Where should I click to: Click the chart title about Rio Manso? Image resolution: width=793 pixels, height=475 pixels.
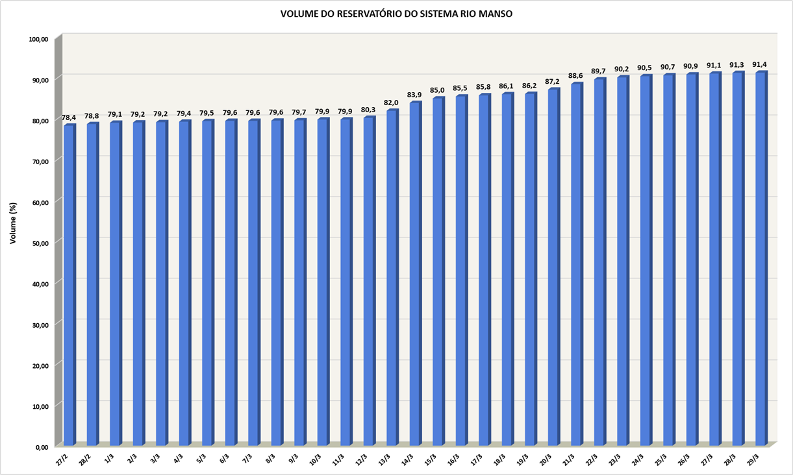pos(396,14)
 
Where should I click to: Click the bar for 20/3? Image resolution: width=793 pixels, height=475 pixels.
pos(553,267)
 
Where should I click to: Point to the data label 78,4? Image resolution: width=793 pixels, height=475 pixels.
pos(69,117)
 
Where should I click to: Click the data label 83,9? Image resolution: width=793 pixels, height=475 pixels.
pos(414,95)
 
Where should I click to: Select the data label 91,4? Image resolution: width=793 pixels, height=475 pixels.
pos(760,64)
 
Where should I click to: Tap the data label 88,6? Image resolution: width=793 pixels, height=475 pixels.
pos(575,76)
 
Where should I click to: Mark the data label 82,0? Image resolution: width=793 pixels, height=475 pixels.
pos(392,103)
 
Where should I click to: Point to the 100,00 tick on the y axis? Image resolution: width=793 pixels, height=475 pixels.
pos(39,39)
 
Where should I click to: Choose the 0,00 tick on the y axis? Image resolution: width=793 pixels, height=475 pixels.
pos(41,447)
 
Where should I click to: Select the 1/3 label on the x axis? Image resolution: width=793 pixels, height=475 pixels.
pos(108,458)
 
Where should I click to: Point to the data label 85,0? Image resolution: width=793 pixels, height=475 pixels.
pos(437,90)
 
